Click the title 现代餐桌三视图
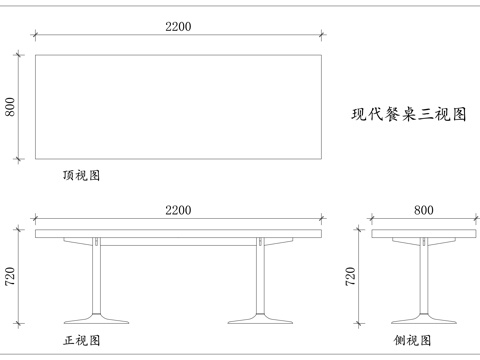tap(409, 114)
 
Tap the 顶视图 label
tap(81, 175)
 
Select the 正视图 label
tap(82, 341)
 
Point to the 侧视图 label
tap(413, 341)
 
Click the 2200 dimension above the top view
tap(179, 27)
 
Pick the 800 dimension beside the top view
tap(11, 106)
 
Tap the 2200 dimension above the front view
tap(179, 210)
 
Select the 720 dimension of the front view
tap(11, 277)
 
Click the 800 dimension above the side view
tap(424, 210)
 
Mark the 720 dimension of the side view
tap(351, 277)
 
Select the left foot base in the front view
tap(97, 319)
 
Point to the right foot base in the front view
tap(261, 319)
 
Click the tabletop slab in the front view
tap(179, 234)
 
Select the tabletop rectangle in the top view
tap(179, 106)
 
